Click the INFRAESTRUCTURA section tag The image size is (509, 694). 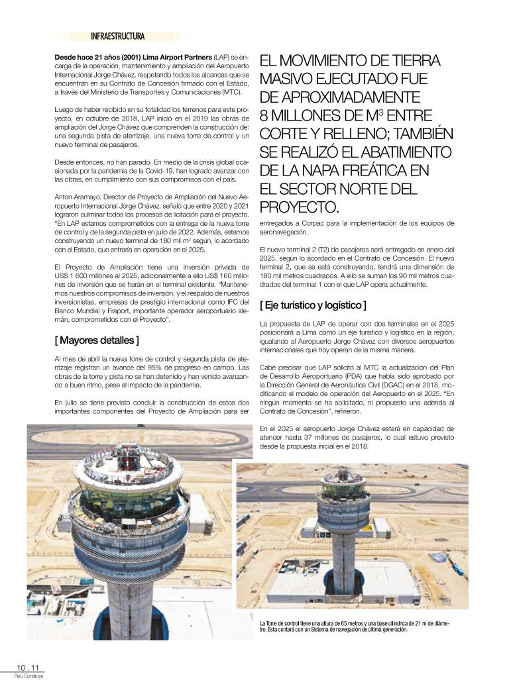pos(117,36)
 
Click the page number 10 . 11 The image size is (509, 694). pos(28,668)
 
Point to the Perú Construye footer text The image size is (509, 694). pos(28,676)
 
